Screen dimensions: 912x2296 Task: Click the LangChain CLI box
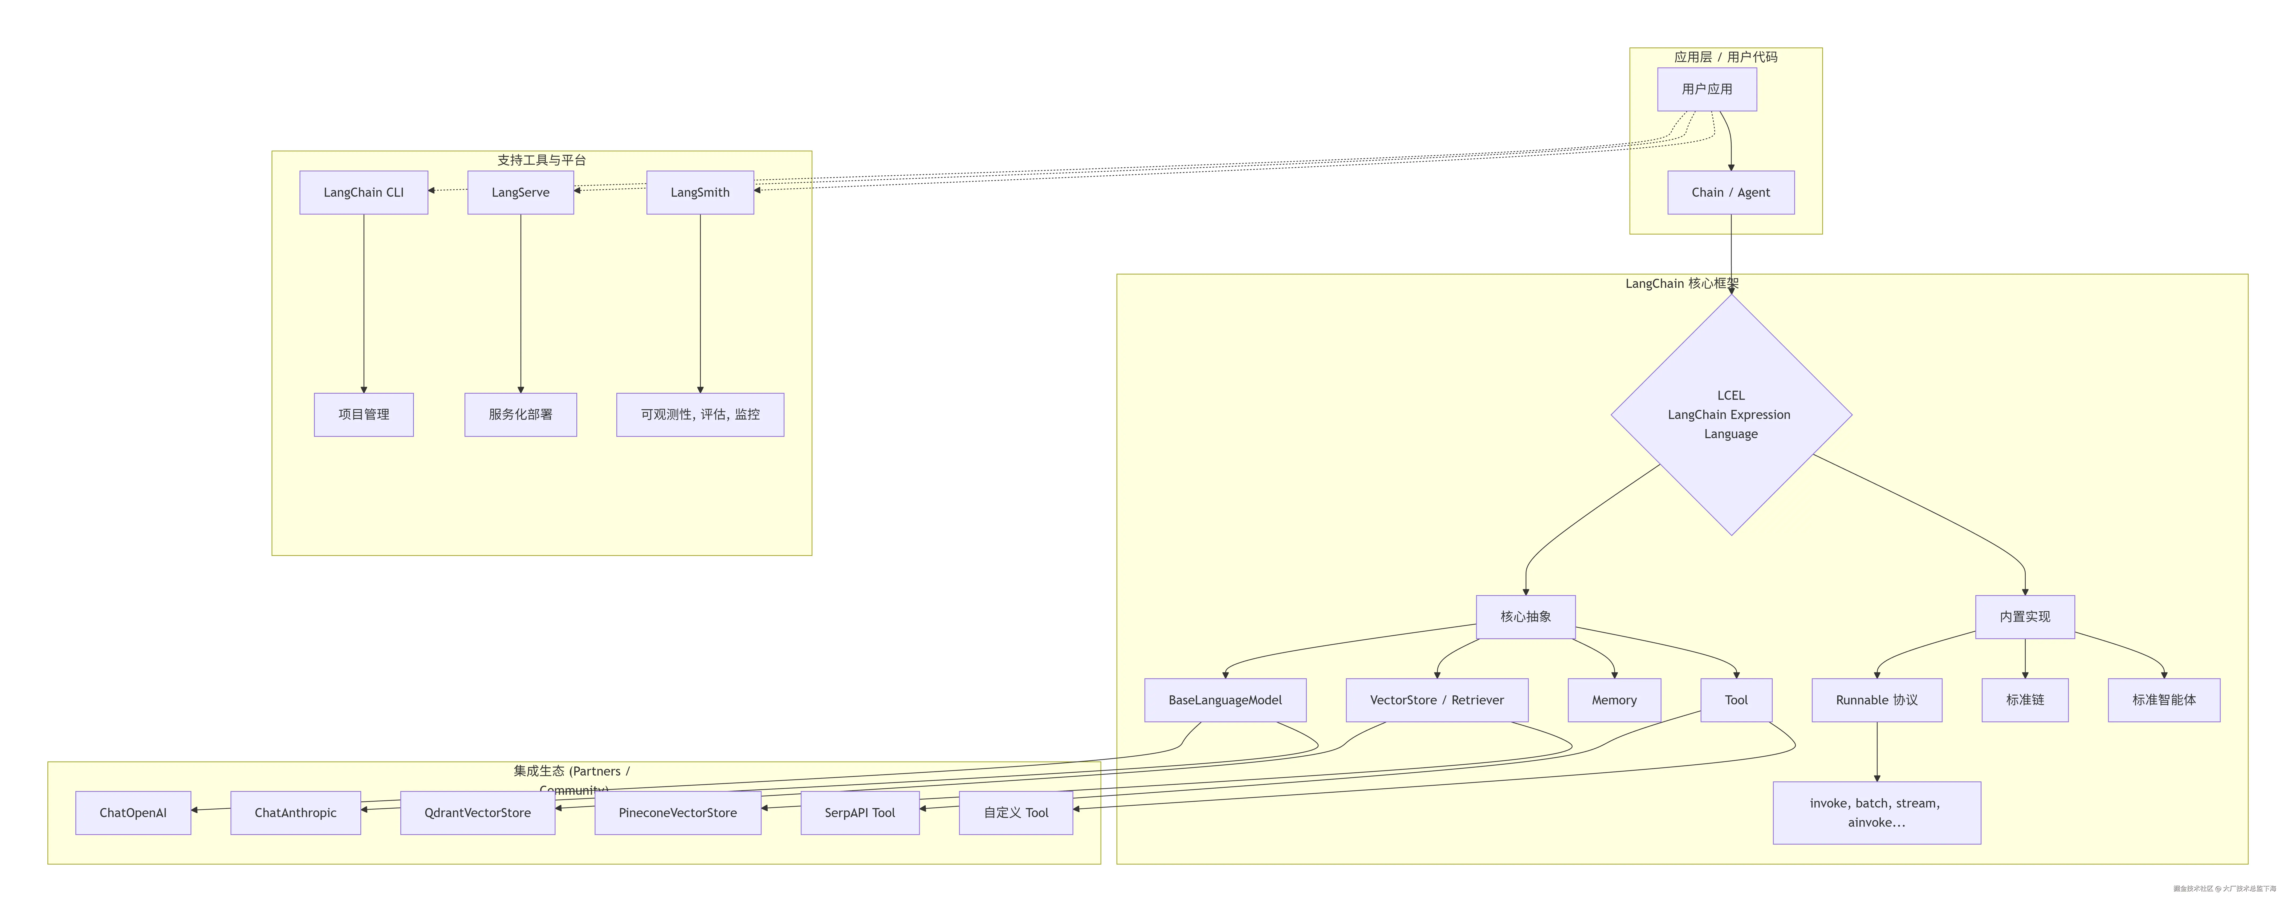point(364,193)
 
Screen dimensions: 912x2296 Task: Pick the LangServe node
point(520,193)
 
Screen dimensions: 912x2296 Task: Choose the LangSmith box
point(700,193)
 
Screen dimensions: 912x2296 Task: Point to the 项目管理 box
point(364,414)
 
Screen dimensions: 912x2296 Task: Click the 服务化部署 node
point(520,414)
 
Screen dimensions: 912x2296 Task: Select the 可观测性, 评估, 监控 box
point(700,414)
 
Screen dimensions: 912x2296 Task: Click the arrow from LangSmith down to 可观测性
point(700,303)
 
